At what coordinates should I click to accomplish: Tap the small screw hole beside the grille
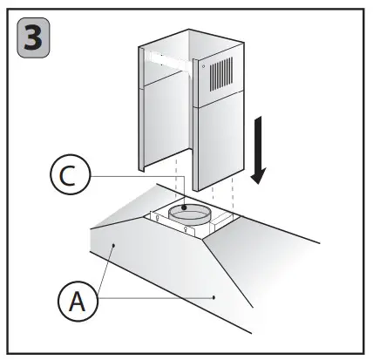(x=201, y=66)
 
